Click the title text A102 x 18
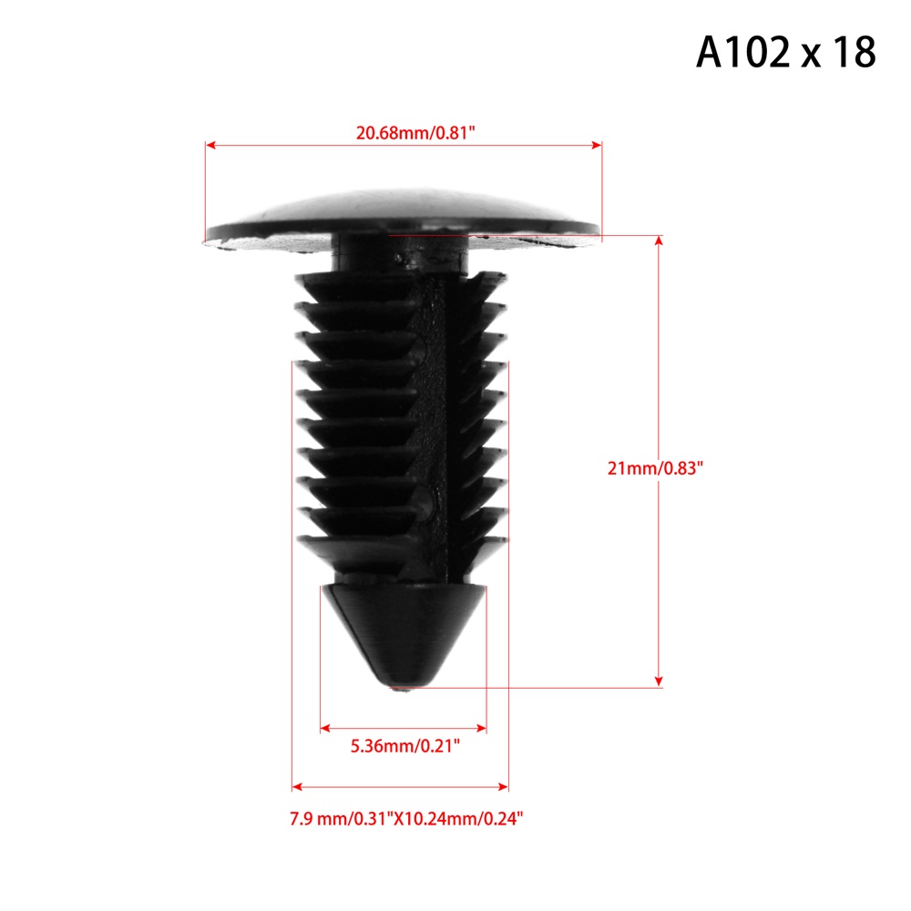click(x=785, y=52)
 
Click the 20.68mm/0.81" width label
click(x=415, y=133)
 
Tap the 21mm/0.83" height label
click(x=655, y=467)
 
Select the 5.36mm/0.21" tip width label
click(x=405, y=745)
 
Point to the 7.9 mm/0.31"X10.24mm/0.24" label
click(x=406, y=819)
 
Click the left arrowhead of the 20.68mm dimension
click(x=210, y=145)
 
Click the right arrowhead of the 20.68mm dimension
click(x=597, y=145)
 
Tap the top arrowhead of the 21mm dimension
click(x=659, y=241)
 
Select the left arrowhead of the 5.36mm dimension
click(x=325, y=728)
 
